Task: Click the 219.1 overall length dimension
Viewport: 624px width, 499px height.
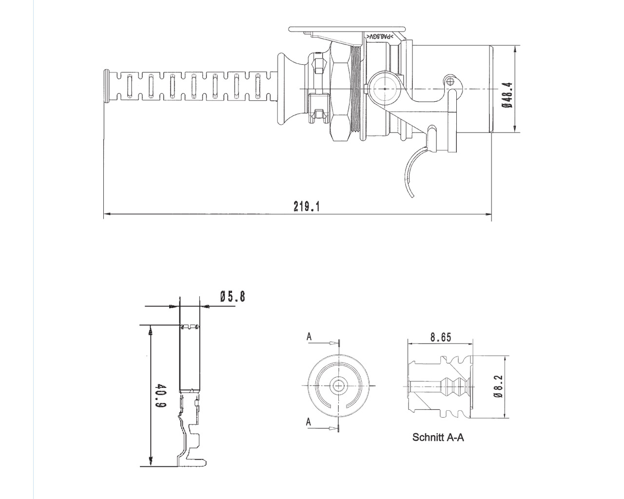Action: pos(306,206)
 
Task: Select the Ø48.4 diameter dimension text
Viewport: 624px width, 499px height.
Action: pos(508,95)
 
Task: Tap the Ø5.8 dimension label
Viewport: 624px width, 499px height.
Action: pos(232,296)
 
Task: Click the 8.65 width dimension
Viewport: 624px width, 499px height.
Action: pos(440,337)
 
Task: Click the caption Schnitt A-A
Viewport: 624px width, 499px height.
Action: pos(438,437)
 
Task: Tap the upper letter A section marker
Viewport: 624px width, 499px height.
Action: pos(309,337)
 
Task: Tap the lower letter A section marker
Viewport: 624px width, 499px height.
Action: pos(309,422)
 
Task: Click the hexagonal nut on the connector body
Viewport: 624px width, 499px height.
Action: pos(339,90)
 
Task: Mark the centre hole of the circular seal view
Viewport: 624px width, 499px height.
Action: pos(337,385)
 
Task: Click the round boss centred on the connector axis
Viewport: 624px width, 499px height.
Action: pos(385,89)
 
